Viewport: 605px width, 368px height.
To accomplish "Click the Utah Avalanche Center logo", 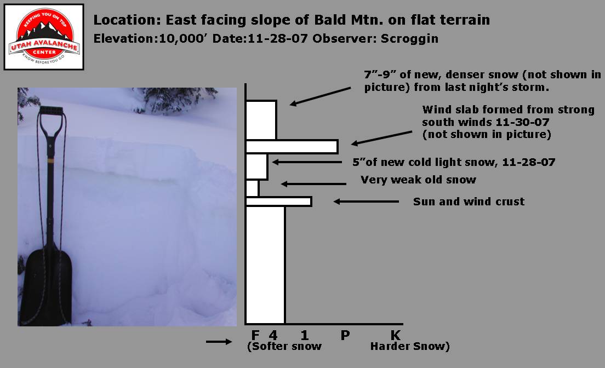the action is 44,37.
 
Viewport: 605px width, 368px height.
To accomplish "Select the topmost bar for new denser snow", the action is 261,120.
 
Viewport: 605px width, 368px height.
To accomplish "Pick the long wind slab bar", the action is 292,147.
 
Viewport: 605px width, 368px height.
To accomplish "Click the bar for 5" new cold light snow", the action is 256,166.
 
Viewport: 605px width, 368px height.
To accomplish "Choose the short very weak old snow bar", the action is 252,188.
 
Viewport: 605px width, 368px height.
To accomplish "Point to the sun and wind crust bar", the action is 278,202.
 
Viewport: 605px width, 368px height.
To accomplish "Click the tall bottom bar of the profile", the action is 265,264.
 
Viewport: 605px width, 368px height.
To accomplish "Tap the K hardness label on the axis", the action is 396,335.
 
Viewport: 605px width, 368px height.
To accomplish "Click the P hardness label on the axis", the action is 345,335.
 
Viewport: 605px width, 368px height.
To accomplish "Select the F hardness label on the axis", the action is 255,335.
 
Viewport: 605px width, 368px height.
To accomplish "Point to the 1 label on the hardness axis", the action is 305,335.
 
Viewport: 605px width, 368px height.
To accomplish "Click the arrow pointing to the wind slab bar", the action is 381,138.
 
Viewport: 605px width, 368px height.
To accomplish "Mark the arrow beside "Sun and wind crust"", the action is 366,202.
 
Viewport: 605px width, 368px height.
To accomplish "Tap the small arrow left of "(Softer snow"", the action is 219,341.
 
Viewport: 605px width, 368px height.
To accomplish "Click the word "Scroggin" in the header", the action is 409,39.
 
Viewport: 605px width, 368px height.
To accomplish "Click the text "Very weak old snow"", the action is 418,180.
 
